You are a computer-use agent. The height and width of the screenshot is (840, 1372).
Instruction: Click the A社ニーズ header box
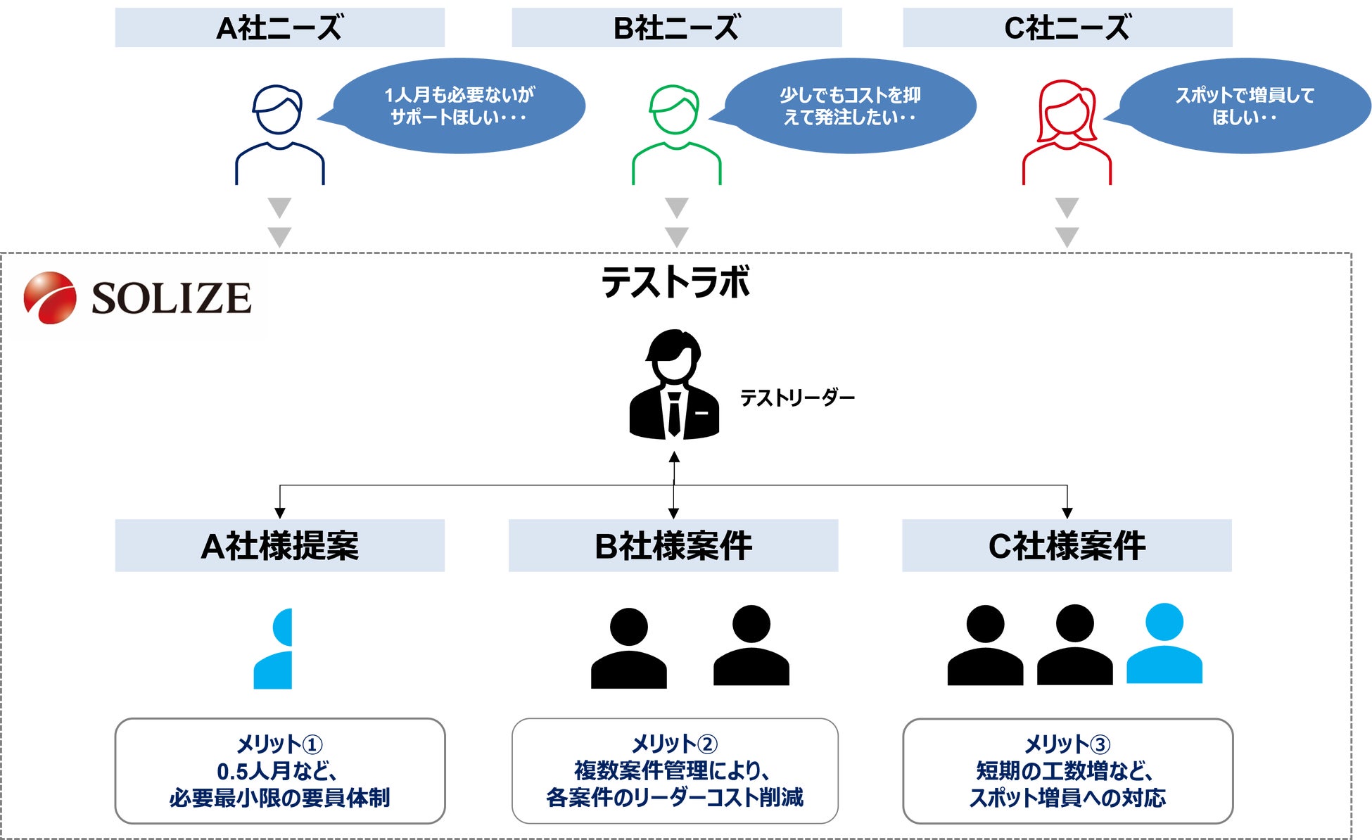279,27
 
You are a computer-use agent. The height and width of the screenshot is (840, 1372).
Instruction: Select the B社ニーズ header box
676,27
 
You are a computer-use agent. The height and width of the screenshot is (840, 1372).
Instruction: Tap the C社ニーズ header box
1067,27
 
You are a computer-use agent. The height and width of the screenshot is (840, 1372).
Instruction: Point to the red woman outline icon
1067,134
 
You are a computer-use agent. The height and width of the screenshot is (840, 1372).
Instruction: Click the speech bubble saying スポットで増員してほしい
1244,106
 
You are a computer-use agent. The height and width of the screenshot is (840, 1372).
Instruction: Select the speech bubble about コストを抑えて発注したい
850,106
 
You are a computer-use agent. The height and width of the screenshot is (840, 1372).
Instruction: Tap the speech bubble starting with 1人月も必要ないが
459,106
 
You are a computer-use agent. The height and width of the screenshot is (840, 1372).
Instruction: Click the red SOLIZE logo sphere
49,298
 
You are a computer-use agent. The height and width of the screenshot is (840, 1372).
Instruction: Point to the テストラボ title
675,282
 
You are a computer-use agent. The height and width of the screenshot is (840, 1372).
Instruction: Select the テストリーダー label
797,398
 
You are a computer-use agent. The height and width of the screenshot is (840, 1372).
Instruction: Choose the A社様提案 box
279,545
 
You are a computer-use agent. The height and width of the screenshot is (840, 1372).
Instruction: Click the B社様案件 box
673,545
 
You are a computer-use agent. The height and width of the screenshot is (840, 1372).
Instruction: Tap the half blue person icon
274,648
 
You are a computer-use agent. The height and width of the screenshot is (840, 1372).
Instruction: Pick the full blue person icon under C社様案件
1164,644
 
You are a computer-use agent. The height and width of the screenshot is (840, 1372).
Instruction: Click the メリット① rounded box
279,770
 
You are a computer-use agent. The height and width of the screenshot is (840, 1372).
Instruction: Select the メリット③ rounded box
1067,770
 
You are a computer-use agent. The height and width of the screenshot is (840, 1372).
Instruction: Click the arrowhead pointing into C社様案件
1067,513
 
